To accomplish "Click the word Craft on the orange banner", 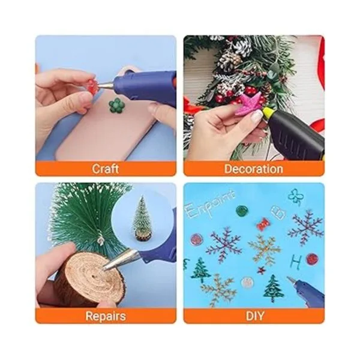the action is coord(106,169).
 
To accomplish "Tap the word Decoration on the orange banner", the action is coord(253,169).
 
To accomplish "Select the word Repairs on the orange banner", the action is coord(106,316).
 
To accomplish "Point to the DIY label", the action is coord(255,316).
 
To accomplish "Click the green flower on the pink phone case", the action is coord(116,105).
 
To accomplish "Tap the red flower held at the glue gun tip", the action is coord(92,87).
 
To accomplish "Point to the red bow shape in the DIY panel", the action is coord(263,224).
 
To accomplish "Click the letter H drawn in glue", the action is coord(295,262).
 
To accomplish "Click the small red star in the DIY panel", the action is coord(261,270).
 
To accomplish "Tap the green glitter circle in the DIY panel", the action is coord(242,211).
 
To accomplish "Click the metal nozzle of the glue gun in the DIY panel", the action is coord(292,280).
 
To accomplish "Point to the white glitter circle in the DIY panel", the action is coord(247,283).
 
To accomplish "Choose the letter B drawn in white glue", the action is coord(278,212).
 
